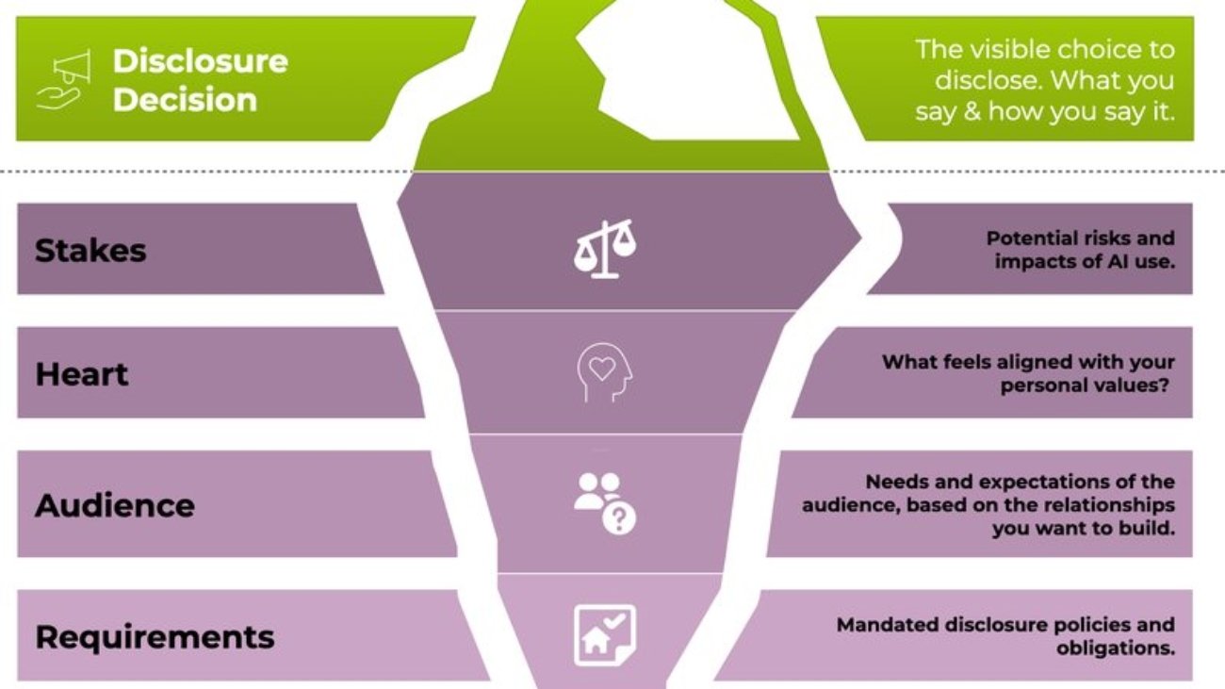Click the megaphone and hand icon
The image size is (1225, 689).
pyautogui.click(x=64, y=80)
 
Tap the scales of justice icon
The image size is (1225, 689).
pyautogui.click(x=605, y=249)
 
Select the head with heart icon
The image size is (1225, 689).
pyautogui.click(x=604, y=372)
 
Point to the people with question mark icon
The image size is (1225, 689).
pyautogui.click(x=605, y=503)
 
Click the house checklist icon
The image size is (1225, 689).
pyautogui.click(x=605, y=635)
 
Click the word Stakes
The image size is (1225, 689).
pyautogui.click(x=90, y=251)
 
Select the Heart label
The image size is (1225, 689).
pyautogui.click(x=81, y=374)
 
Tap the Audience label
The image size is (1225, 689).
pyautogui.click(x=115, y=505)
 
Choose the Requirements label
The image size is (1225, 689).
pyautogui.click(x=155, y=637)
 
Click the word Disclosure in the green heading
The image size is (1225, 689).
pyautogui.click(x=200, y=60)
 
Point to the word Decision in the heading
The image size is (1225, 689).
pyautogui.click(x=185, y=100)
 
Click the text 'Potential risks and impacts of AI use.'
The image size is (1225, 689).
pyautogui.click(x=1081, y=250)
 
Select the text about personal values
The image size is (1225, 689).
pyautogui.click(x=1029, y=373)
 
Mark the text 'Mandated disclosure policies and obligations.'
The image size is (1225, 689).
pyautogui.click(x=1006, y=636)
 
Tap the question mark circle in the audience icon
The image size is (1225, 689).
pyautogui.click(x=619, y=517)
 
